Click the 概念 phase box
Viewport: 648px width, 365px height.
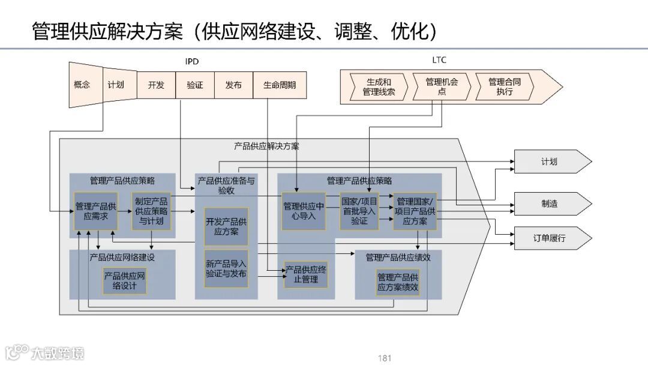point(82,85)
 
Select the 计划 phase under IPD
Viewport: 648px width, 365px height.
point(116,85)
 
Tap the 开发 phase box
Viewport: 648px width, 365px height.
point(156,85)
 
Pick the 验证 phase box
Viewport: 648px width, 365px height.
point(195,85)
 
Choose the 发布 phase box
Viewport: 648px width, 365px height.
point(233,85)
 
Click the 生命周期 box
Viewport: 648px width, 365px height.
point(280,85)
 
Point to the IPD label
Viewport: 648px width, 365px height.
point(191,61)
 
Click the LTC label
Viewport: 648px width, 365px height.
point(439,60)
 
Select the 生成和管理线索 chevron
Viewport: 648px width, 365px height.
point(379,86)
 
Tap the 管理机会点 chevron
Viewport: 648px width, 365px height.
point(442,86)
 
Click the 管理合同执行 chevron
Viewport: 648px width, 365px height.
point(505,86)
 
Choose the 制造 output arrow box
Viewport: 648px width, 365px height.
point(549,204)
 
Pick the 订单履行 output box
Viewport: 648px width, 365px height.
point(549,238)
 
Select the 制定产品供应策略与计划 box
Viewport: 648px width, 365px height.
point(151,211)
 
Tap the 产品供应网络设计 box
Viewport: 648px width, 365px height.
point(124,281)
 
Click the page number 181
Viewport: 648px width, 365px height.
point(385,358)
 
